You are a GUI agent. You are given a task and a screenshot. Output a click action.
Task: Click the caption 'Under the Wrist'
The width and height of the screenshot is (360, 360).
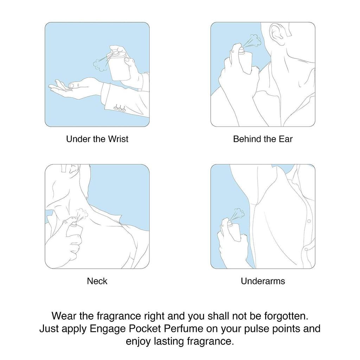[x=97, y=139]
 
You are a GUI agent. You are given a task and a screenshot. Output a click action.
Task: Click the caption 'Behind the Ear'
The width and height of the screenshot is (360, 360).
[x=263, y=139]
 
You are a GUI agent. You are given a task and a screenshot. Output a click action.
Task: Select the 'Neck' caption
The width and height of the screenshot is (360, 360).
[x=97, y=281]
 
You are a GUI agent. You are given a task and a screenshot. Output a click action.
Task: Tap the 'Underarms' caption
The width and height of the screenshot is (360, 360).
[x=263, y=281]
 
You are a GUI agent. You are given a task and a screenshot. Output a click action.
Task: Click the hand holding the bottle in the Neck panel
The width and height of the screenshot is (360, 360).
[x=70, y=239]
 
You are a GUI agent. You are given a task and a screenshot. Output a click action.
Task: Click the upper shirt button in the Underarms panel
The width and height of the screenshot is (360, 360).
[x=309, y=221]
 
